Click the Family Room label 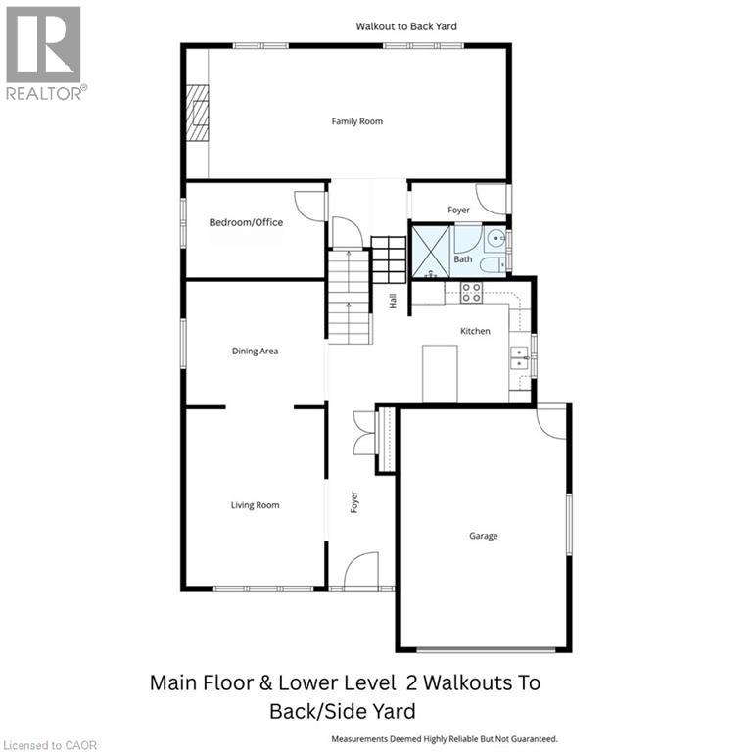(357, 121)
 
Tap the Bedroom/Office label (246, 222)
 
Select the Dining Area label (256, 352)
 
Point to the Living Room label (256, 505)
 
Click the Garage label (484, 536)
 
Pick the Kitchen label (475, 331)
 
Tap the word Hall (394, 302)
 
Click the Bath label (463, 258)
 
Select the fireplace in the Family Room (197, 114)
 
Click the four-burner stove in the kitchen (471, 293)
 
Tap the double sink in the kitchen (519, 358)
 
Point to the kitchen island (440, 374)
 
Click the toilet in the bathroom (493, 264)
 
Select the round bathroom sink (496, 238)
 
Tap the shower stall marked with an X (431, 252)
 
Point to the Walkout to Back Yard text (406, 26)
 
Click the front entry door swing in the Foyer (361, 570)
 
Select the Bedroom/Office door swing (310, 207)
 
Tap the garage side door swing (551, 423)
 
